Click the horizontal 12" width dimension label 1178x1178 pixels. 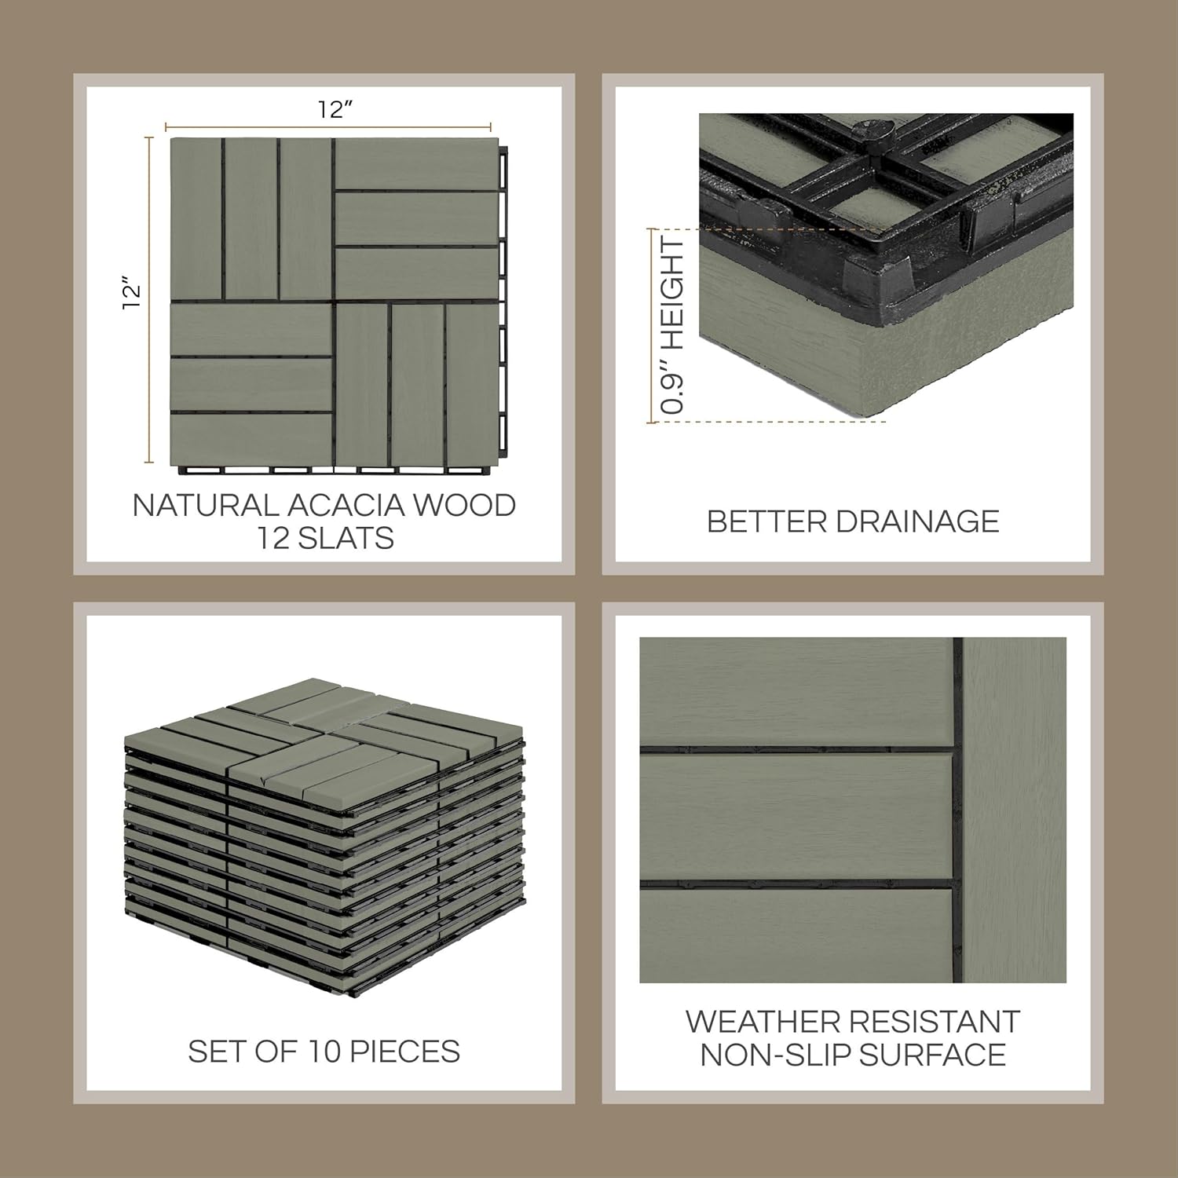pyautogui.click(x=335, y=109)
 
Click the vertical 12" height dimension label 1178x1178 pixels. pyautogui.click(x=132, y=292)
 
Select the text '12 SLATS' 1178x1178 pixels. pyautogui.click(x=325, y=539)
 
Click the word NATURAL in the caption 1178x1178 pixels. pyautogui.click(x=204, y=505)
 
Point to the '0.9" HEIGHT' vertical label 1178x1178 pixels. pyautogui.click(x=673, y=327)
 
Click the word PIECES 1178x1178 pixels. pyautogui.click(x=405, y=1052)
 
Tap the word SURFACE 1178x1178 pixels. pyautogui.click(x=932, y=1055)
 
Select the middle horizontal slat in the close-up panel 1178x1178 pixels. pyautogui.click(x=796, y=818)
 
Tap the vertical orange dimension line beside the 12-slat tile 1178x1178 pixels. pyautogui.click(x=149, y=299)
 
